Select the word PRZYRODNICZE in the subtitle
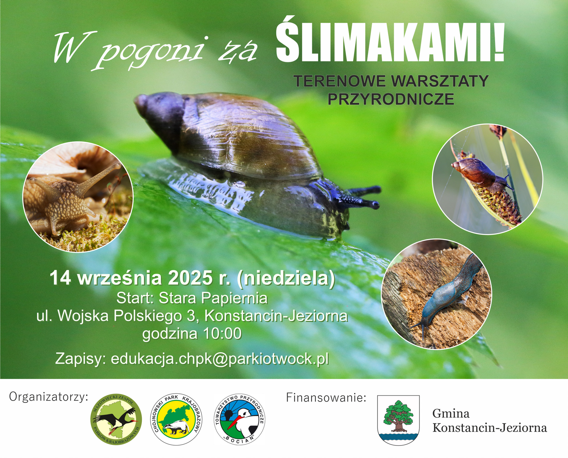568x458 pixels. (391, 99)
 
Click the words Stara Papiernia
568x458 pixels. (213, 298)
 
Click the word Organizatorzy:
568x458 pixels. (49, 397)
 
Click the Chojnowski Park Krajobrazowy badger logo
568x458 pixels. (178, 419)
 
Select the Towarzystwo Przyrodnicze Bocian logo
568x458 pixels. (240, 419)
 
